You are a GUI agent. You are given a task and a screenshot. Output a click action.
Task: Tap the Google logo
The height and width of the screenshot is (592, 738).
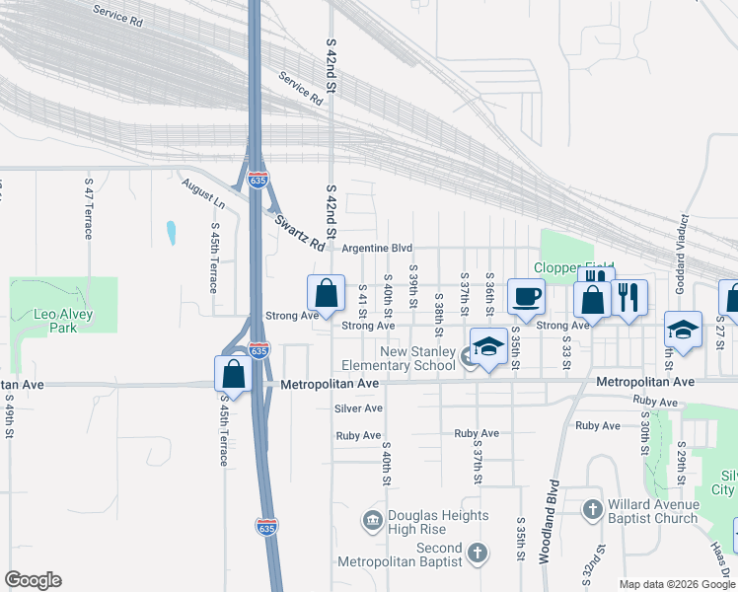pos(33,580)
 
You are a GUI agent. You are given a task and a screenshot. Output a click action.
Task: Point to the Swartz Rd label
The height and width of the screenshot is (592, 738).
pos(299,232)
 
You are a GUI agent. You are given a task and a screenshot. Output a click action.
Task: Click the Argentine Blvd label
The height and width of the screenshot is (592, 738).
pos(376,249)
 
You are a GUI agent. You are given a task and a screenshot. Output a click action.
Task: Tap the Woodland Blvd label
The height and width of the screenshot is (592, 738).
pos(548,522)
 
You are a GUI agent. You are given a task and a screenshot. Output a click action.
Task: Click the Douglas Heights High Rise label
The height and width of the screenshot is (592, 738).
pos(437,522)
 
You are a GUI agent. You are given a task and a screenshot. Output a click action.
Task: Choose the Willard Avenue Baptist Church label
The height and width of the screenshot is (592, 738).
pos(652,511)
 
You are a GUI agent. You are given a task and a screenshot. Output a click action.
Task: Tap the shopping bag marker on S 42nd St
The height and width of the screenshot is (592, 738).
pos(326,294)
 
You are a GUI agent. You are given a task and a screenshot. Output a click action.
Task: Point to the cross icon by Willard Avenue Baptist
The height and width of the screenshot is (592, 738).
pos(592,509)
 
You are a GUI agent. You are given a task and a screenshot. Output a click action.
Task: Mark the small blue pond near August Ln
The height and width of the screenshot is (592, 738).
pos(171,233)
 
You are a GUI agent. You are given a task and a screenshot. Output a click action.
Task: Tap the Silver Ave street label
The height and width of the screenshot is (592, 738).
pos(358,408)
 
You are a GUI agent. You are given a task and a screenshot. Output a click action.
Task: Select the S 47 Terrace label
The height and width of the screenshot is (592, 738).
pos(89,208)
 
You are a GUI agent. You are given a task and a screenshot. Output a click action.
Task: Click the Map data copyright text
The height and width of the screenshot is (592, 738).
pos(677,584)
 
